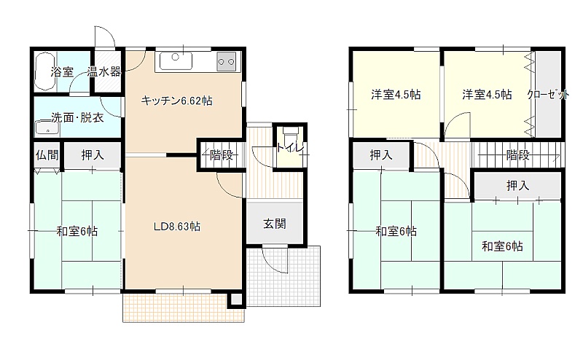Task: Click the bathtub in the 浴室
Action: pos(44,71)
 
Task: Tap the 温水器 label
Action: pos(104,71)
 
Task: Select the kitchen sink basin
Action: pos(176,60)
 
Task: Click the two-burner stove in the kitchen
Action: pos(227,61)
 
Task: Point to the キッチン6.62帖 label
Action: pos(176,101)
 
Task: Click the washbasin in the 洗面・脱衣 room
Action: pos(47,128)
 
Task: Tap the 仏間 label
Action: pos(47,154)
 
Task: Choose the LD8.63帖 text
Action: pos(177,226)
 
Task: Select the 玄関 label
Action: pos(275,224)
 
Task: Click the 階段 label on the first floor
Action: pos(222,154)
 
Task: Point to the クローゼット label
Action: pos(548,95)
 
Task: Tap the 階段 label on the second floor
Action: pos(518,154)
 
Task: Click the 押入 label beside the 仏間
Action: pos(93,154)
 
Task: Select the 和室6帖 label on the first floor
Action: pos(77,231)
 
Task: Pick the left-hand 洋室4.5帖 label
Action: pos(396,95)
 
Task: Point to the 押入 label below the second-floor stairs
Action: pos(518,185)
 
